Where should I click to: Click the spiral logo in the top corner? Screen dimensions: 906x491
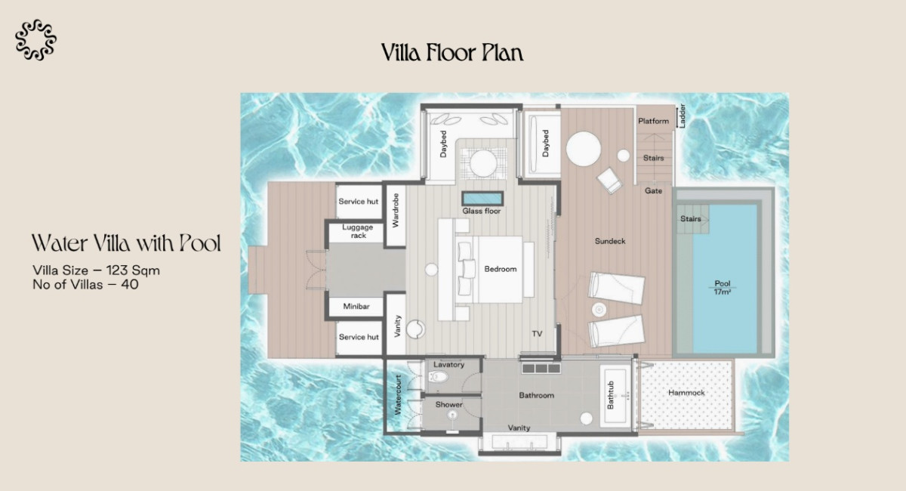pos(35,40)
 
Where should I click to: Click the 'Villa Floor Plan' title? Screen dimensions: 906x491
pos(452,53)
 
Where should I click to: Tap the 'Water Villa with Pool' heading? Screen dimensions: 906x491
pos(126,243)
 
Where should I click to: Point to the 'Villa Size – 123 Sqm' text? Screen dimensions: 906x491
pos(97,270)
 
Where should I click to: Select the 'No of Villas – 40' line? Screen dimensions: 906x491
pos(85,284)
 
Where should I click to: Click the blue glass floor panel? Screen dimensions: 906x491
pos(482,199)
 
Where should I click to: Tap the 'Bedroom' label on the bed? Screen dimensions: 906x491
pos(501,269)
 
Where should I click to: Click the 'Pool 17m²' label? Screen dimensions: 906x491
pos(723,287)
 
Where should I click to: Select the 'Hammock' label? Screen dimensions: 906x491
pos(686,392)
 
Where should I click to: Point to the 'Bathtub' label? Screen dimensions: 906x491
pos(610,395)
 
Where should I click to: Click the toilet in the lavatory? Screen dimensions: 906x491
pos(439,377)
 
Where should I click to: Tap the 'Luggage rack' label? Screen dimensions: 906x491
pos(358,231)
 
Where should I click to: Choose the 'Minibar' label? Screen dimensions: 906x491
pos(356,306)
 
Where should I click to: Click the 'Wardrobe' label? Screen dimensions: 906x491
pos(396,210)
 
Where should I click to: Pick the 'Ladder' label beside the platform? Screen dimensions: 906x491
pos(682,116)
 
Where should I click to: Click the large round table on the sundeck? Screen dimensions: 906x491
pos(583,149)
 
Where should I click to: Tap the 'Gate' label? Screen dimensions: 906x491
pos(653,190)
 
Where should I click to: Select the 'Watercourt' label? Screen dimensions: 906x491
pos(398,394)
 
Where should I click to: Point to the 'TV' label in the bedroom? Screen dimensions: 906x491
pos(537,334)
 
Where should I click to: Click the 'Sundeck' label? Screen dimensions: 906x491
pos(610,241)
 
